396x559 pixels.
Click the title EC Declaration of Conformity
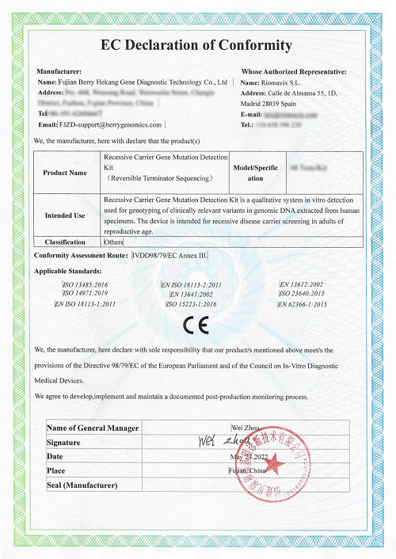click(x=198, y=45)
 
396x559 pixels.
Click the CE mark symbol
click(x=196, y=325)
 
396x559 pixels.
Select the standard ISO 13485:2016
click(x=85, y=283)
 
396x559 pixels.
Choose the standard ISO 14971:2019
click(x=85, y=293)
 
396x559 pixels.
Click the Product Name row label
click(x=65, y=173)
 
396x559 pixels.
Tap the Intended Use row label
click(x=65, y=215)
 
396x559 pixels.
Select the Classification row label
click(x=65, y=242)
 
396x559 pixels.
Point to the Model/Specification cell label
click(x=256, y=173)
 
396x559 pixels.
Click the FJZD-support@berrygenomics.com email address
click(x=111, y=125)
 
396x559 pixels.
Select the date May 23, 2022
click(x=249, y=457)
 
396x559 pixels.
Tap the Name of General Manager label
click(x=93, y=428)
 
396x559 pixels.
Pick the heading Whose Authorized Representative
click(x=293, y=71)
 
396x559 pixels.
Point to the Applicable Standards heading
click(x=66, y=271)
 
